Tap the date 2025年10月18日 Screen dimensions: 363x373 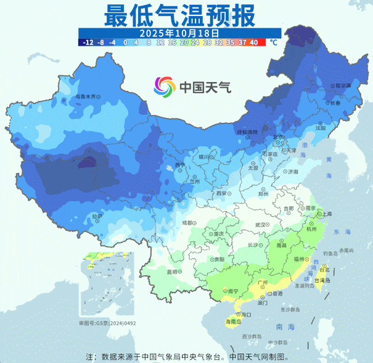point(179,32)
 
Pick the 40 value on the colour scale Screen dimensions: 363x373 point(253,43)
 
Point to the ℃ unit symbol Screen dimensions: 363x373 point(273,43)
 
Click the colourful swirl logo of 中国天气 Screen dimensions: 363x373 point(165,87)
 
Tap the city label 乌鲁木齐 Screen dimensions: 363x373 point(86,97)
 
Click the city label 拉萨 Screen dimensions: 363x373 point(96,216)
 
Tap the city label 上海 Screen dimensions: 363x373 point(326,214)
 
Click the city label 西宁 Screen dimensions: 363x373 point(179,165)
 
